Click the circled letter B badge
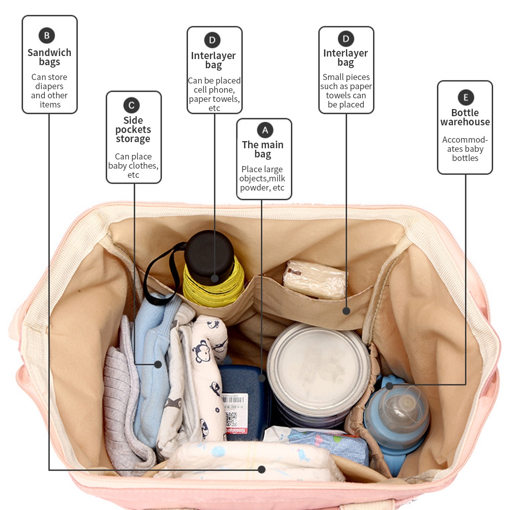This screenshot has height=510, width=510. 46,35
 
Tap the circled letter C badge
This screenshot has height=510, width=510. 131,105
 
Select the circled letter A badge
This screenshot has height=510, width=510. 264,130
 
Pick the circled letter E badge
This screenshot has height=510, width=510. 466,97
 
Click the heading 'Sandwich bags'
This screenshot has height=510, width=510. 49,57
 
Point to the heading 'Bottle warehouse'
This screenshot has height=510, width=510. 465,117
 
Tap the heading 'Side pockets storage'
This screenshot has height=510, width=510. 133,129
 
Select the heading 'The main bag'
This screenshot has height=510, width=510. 262,149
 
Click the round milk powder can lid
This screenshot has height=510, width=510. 318,364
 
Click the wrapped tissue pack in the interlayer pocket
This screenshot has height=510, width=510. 314,280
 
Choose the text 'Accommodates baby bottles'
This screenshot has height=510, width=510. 465,149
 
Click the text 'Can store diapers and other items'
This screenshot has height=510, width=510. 49,91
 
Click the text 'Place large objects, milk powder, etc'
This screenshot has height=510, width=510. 262,178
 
